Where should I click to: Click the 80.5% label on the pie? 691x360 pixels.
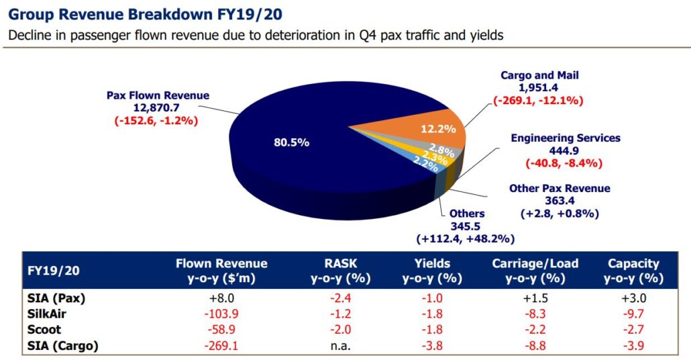click(290, 143)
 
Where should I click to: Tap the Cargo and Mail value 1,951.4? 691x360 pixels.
click(539, 88)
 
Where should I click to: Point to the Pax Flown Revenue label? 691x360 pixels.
click(158, 95)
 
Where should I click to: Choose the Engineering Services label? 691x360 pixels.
click(566, 138)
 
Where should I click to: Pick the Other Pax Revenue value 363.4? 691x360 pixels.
click(560, 201)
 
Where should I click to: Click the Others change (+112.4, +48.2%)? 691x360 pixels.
click(466, 238)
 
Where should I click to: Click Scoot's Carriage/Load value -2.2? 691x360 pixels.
click(535, 330)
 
